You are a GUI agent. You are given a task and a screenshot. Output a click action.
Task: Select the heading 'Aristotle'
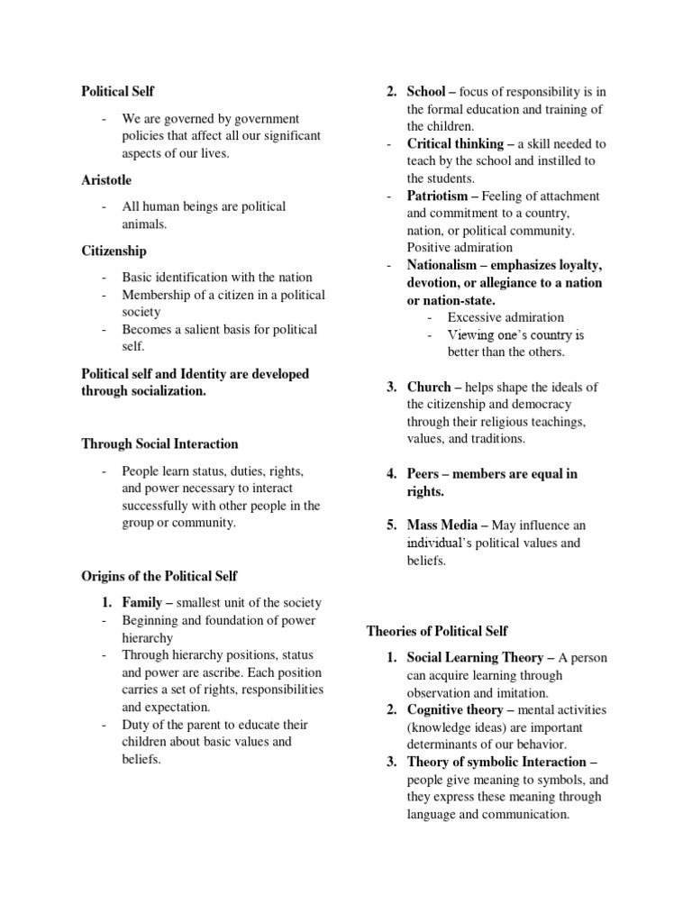(106, 179)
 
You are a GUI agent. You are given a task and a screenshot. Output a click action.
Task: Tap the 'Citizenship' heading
(114, 251)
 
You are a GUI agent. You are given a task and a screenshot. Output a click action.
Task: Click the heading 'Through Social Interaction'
(159, 443)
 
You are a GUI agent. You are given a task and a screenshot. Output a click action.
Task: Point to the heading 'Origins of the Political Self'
(159, 576)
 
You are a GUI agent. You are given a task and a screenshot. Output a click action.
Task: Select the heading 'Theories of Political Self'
(437, 631)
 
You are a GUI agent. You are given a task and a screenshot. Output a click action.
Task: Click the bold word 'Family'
(142, 602)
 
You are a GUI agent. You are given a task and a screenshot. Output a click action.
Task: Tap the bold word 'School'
(426, 92)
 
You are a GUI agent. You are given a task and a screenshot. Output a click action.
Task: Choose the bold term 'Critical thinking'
(455, 144)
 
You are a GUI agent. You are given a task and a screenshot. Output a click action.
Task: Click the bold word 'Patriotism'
(437, 196)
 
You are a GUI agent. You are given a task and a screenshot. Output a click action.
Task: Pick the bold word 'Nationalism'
(442, 266)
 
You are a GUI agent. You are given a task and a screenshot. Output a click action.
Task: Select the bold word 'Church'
(428, 388)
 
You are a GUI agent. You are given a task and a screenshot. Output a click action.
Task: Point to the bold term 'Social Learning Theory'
(475, 658)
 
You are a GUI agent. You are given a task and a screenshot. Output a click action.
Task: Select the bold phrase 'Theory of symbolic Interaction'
(496, 763)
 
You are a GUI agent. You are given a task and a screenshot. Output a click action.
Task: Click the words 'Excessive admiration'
(505, 317)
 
